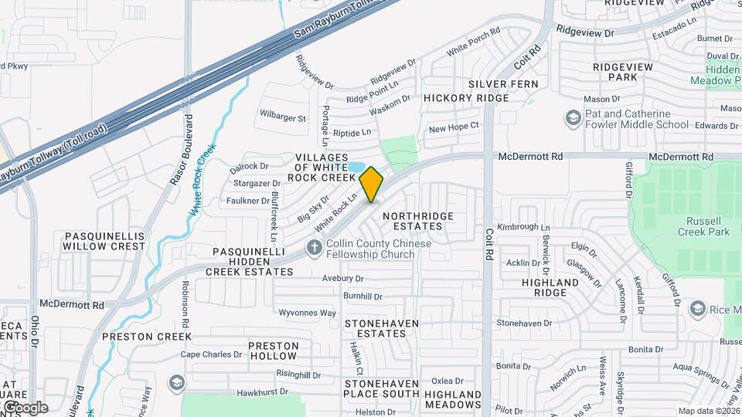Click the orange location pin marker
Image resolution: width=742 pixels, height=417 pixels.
[x=372, y=185]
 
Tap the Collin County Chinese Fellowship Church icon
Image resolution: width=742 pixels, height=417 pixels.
[x=314, y=247]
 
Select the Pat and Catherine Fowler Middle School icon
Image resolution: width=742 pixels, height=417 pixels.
[x=573, y=118]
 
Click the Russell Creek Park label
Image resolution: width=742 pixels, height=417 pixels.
[x=703, y=225]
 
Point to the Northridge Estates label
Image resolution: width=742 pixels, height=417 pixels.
[x=417, y=221]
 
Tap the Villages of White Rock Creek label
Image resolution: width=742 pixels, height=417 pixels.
[x=327, y=168]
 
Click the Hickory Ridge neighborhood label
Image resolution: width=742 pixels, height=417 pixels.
[x=466, y=98]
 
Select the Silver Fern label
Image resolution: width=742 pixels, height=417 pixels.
[x=502, y=83]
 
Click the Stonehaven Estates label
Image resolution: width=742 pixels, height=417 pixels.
[x=381, y=328]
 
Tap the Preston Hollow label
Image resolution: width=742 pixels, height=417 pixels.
[x=273, y=351]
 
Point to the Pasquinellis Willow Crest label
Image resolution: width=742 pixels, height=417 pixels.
[x=104, y=240]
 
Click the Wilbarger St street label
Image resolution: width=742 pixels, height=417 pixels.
[x=283, y=118]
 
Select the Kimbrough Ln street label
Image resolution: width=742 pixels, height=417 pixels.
[x=523, y=227]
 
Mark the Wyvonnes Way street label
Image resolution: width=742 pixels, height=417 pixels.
[x=307, y=313]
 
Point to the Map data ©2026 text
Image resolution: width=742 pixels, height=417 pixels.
[x=709, y=411]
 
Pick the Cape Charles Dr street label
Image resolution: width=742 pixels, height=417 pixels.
[x=211, y=355]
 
